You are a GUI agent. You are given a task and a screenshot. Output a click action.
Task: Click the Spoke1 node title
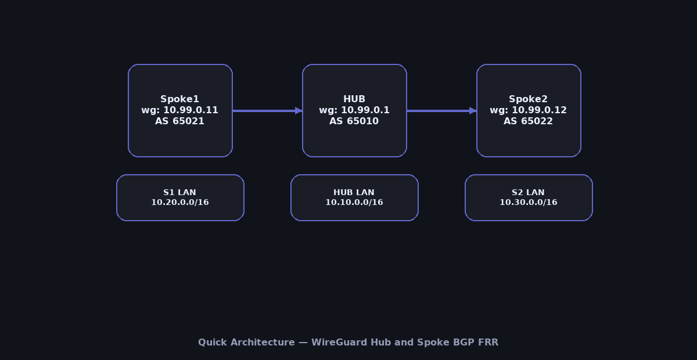point(179,99)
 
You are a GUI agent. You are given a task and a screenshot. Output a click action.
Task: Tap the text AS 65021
point(179,121)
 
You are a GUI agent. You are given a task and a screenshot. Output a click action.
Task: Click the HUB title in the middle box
point(354,99)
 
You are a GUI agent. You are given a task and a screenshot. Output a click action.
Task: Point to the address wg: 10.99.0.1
point(354,110)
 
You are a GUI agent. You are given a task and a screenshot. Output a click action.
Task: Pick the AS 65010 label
point(354,121)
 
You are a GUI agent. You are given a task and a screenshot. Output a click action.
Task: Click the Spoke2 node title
point(528,99)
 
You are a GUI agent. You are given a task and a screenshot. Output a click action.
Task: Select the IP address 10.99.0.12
point(539,110)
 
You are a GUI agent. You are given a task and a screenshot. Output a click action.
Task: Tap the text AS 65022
point(528,121)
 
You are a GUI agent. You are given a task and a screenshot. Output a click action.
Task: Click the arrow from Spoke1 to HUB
point(264,110)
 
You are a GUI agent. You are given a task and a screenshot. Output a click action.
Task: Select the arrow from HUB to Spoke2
point(439,110)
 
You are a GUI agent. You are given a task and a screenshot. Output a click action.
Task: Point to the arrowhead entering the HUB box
point(299,110)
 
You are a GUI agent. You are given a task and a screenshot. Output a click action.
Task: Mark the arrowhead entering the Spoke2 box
point(473,110)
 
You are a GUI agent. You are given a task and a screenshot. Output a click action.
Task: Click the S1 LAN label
point(179,193)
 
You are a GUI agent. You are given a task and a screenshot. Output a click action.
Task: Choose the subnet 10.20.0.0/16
point(179,203)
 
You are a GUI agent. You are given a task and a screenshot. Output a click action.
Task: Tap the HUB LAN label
point(354,193)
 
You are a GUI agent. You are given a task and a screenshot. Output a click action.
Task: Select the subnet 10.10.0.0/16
point(354,203)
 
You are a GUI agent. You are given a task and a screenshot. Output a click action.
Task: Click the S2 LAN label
point(528,193)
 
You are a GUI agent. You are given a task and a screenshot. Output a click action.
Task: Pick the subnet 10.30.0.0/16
point(528,203)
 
